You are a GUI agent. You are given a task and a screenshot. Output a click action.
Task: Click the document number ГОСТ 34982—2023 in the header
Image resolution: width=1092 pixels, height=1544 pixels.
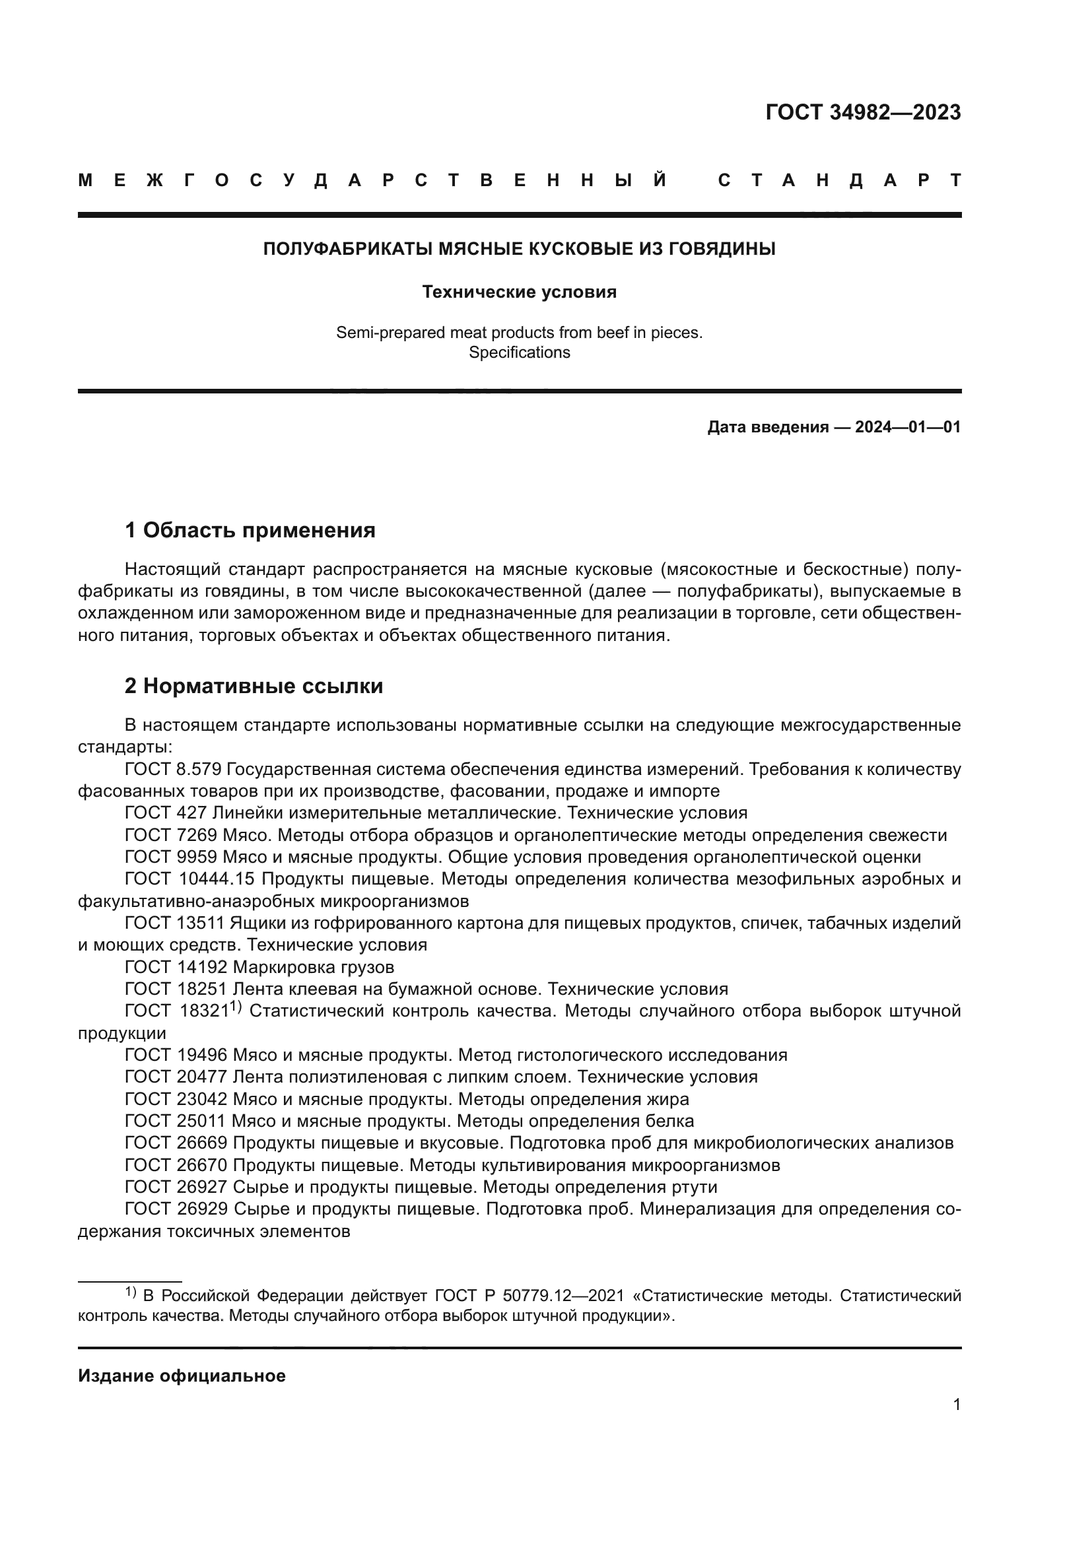coord(863,112)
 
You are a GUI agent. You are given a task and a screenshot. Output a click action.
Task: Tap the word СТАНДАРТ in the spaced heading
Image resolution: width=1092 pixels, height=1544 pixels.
coord(839,180)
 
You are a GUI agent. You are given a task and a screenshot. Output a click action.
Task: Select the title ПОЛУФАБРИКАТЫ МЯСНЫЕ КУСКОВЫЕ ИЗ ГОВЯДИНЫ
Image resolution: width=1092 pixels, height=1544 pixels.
coord(519,249)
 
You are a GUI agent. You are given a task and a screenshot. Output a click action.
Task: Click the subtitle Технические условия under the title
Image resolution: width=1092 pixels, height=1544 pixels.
coord(519,292)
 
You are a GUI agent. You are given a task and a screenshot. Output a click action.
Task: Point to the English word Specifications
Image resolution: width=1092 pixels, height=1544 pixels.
coord(519,352)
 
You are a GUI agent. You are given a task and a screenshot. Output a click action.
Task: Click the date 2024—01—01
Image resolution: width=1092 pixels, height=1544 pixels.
coord(908,427)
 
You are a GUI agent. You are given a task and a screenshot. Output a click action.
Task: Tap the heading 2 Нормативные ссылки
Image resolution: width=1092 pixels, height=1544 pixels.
coord(254,686)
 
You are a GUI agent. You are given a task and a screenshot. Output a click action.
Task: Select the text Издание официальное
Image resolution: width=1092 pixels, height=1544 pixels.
coord(182,1376)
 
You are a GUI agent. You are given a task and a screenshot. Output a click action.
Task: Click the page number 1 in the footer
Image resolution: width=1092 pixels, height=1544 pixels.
coord(956,1404)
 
